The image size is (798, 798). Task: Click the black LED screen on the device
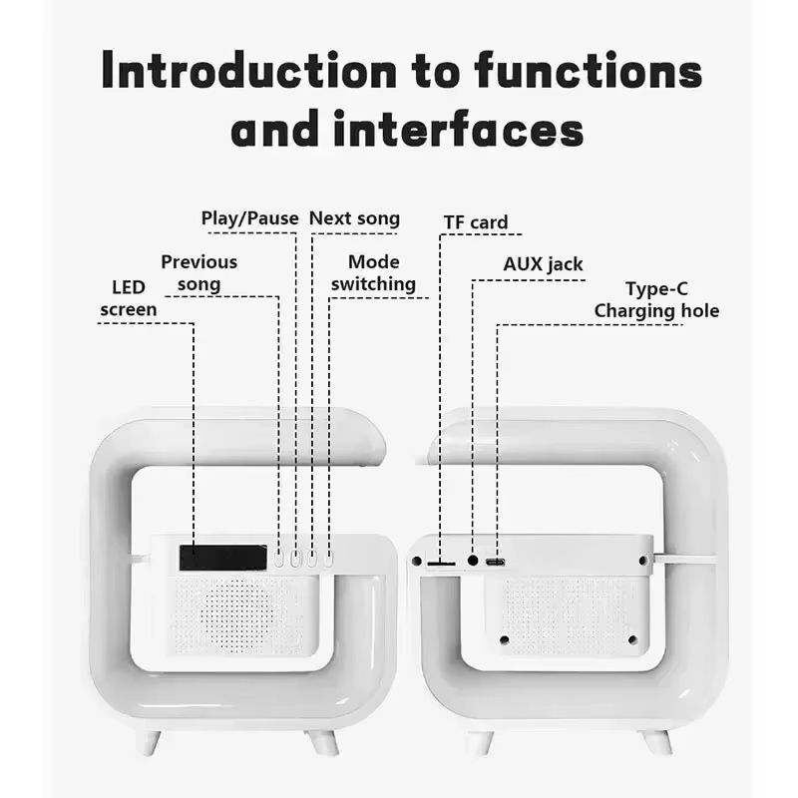click(x=222, y=557)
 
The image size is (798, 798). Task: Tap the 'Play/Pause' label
click(x=249, y=218)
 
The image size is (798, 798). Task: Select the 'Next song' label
click(x=354, y=218)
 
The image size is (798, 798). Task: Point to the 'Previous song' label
click(x=199, y=272)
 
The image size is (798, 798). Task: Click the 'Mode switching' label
click(x=373, y=272)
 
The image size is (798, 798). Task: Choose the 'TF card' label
click(x=476, y=221)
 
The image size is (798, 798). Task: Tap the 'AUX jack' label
click(x=543, y=264)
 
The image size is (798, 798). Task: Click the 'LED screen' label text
click(x=129, y=298)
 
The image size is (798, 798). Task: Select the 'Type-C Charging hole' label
click(x=656, y=299)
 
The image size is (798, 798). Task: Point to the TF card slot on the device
click(x=441, y=564)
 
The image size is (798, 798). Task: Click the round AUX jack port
click(x=473, y=562)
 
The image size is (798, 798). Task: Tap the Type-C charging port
click(x=495, y=563)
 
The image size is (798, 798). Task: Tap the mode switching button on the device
click(x=326, y=560)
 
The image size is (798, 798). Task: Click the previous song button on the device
click(x=280, y=560)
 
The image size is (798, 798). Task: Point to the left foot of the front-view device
click(x=149, y=741)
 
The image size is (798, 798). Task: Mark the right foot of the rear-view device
click(x=656, y=741)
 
